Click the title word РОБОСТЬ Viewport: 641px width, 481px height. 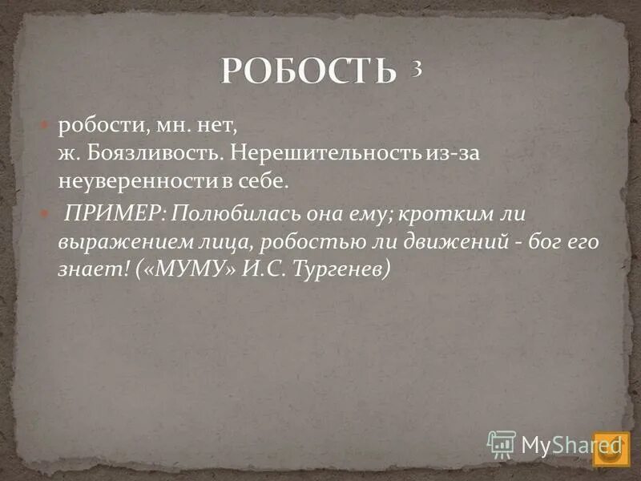coord(308,72)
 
